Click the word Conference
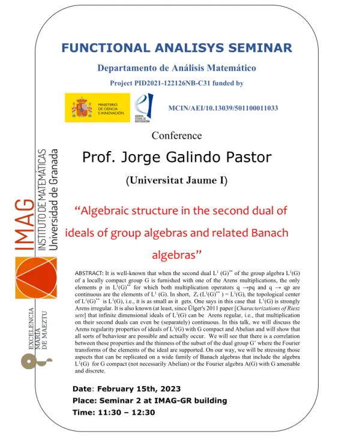pyautogui.click(x=176, y=135)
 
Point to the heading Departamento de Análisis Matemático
pyautogui.click(x=177, y=68)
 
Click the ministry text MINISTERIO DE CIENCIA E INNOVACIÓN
pyautogui.click(x=111, y=108)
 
